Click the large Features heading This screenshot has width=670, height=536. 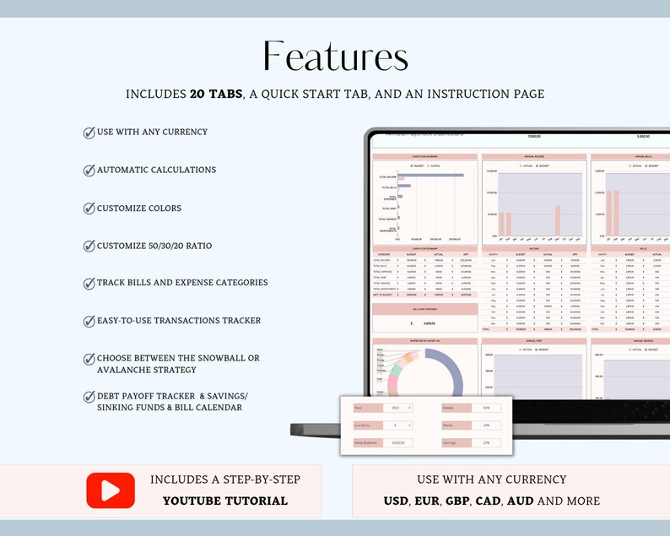pyautogui.click(x=335, y=57)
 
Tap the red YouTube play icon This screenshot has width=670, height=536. pyautogui.click(x=111, y=490)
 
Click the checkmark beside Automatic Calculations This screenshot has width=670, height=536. pyautogui.click(x=89, y=171)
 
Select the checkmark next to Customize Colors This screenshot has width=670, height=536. pyautogui.click(x=89, y=208)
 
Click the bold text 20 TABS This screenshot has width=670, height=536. pyautogui.click(x=215, y=95)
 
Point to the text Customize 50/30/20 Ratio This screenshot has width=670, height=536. pyautogui.click(x=154, y=246)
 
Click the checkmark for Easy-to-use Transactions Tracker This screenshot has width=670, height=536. pyautogui.click(x=89, y=322)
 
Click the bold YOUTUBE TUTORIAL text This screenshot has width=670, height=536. pyautogui.click(x=224, y=501)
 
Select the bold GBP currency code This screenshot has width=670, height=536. pyautogui.click(x=457, y=501)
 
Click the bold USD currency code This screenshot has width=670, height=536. pyautogui.click(x=396, y=501)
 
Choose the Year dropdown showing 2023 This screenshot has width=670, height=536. pyautogui.click(x=397, y=408)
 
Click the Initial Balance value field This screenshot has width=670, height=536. pyautogui.click(x=397, y=442)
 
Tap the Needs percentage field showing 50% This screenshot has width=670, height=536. pyautogui.click(x=486, y=408)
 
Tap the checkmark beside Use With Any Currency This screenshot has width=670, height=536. pyautogui.click(x=89, y=133)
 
